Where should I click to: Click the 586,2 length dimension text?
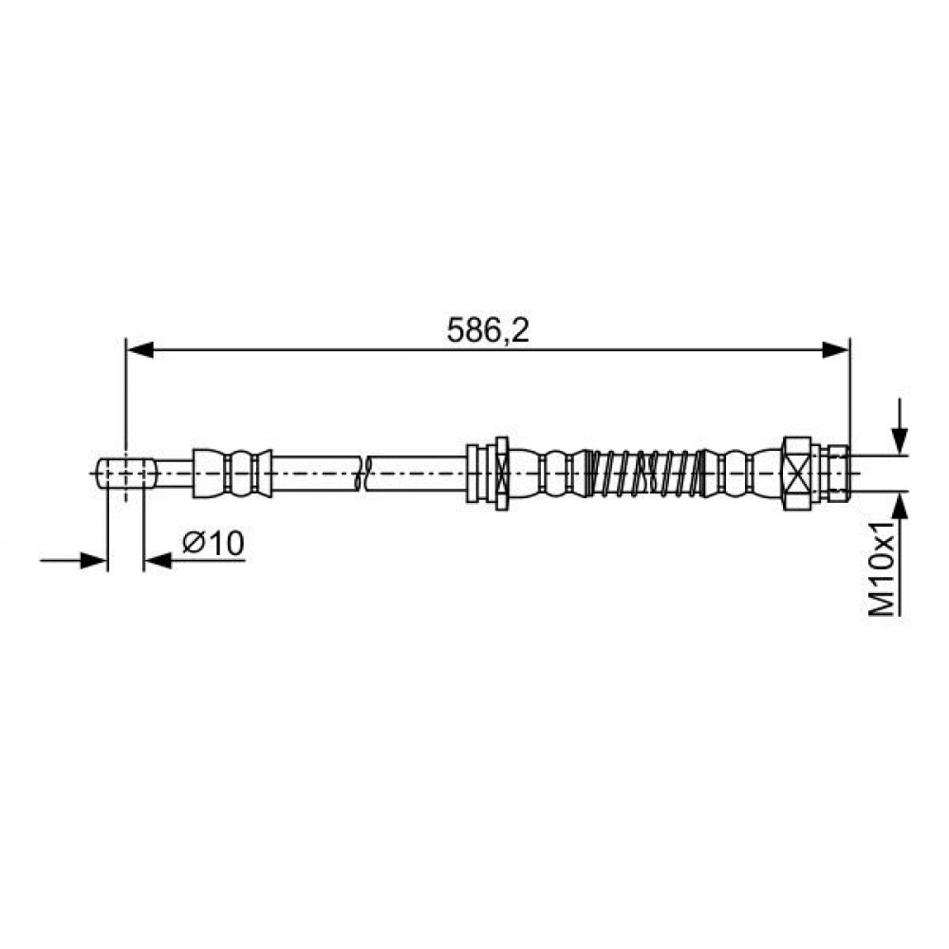[487, 330]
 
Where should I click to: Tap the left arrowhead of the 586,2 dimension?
[140, 350]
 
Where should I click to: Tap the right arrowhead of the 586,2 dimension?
[836, 350]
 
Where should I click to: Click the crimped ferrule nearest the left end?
[233, 473]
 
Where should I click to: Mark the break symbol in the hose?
[365, 473]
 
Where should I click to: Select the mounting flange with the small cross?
[501, 473]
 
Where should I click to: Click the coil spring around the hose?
[644, 473]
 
